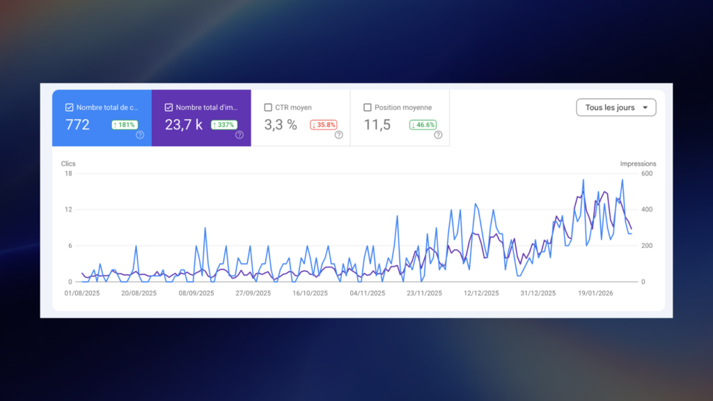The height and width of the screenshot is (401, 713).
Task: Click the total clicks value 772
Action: [77, 125]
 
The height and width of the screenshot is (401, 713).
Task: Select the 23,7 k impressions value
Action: [184, 125]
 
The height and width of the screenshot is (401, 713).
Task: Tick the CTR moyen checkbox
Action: [268, 108]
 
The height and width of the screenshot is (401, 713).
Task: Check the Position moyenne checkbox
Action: [368, 108]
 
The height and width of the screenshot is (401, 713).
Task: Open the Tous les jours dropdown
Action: [616, 108]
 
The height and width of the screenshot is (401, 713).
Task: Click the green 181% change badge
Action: [125, 125]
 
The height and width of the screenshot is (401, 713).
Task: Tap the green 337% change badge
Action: [224, 125]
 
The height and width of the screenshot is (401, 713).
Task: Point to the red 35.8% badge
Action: [324, 125]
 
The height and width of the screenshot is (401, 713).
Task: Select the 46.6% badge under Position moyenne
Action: [423, 125]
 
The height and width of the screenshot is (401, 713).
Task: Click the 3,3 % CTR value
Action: [281, 125]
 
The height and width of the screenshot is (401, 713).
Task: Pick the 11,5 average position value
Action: [377, 125]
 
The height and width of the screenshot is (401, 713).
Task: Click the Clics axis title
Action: [68, 164]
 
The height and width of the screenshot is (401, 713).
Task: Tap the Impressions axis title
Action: [638, 164]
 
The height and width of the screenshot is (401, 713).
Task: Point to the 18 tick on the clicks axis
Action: [68, 173]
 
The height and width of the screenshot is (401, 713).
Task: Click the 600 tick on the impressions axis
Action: [646, 173]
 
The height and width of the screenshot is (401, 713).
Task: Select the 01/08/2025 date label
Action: [82, 293]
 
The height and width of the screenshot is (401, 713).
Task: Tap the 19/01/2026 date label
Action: [595, 293]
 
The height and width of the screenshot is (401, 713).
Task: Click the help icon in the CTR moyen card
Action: [338, 135]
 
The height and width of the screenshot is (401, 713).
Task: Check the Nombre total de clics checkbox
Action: [69, 108]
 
